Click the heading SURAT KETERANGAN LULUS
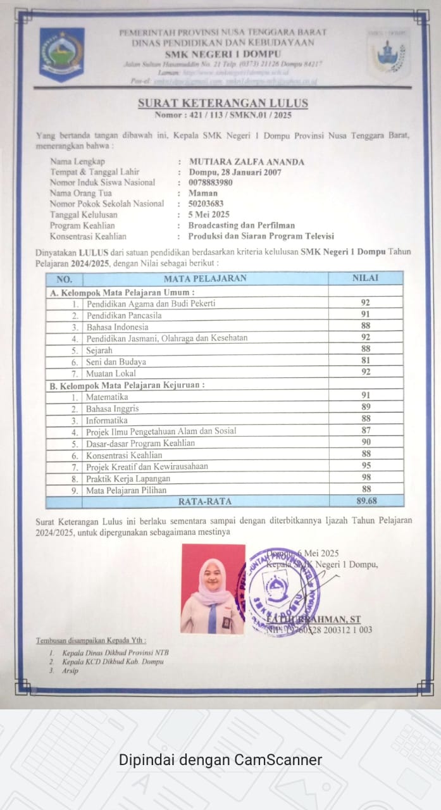[x=223, y=103]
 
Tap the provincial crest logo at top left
[x=61, y=54]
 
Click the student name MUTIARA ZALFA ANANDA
[x=246, y=161]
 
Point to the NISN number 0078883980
[x=210, y=182]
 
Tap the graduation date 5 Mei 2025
[x=209, y=215]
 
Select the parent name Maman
[x=202, y=193]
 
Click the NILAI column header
[x=365, y=278]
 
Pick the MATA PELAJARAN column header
[x=205, y=278]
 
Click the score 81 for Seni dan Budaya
[x=365, y=361]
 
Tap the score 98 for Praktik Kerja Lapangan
[x=365, y=477]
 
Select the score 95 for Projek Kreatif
[x=365, y=466]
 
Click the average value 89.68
[x=365, y=501]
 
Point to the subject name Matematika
[x=107, y=397]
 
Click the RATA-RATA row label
[x=205, y=501]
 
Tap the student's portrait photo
[x=213, y=589]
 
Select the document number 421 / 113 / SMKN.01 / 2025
[x=223, y=115]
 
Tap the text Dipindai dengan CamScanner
[x=220, y=759]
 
